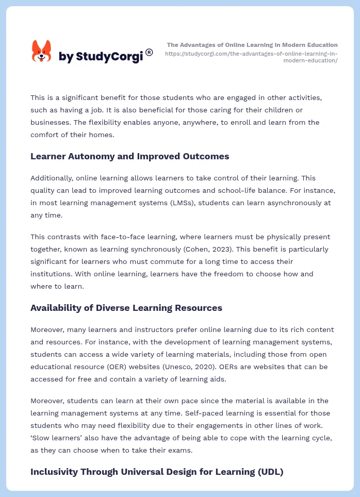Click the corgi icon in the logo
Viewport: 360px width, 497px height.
click(42, 51)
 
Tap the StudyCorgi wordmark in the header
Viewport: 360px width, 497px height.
click(101, 56)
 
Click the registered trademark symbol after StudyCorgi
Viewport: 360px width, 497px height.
click(149, 52)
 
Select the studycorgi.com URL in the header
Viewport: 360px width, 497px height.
click(251, 57)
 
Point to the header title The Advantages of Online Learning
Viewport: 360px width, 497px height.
click(252, 45)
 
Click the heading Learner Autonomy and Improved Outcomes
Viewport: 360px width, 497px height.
click(129, 156)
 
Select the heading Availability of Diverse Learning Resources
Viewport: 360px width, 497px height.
click(126, 308)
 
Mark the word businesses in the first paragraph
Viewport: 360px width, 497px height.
click(51, 122)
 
